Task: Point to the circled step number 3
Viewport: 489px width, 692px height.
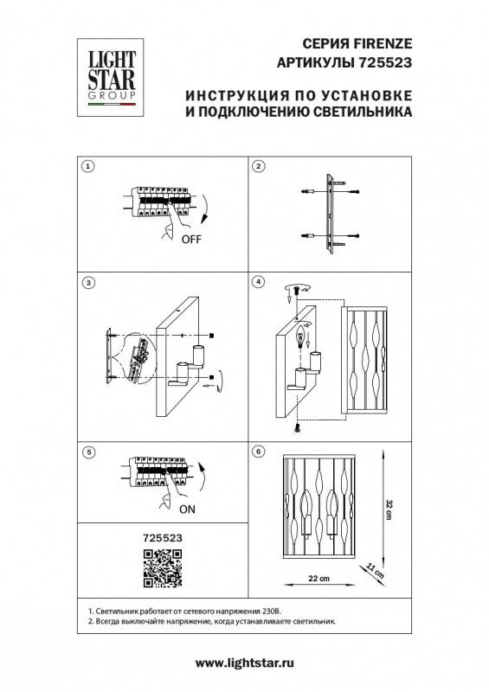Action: (x=87, y=283)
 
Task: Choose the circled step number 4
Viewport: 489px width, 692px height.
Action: (x=257, y=283)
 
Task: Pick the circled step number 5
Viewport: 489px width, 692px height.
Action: (x=87, y=452)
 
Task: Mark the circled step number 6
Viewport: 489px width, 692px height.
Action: (x=257, y=452)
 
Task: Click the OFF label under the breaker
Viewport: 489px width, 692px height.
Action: (x=190, y=240)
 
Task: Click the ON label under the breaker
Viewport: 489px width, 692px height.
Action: (x=188, y=509)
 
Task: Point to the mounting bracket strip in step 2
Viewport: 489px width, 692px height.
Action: (x=329, y=210)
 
